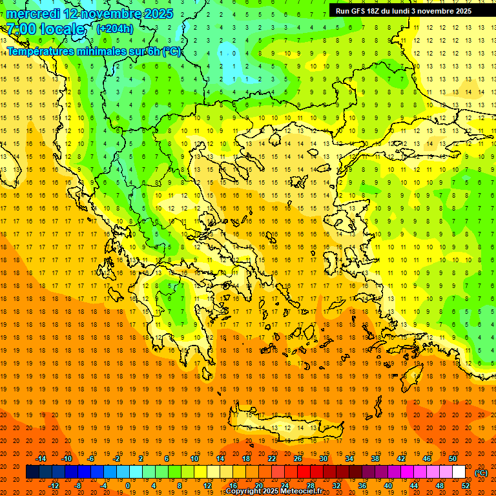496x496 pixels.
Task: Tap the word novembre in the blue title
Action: pos(104,14)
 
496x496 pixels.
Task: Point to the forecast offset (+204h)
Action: pos(114,28)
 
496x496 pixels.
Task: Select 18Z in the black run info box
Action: pos(377,11)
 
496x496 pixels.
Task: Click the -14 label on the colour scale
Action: pos(42,458)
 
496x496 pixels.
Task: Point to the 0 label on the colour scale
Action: pos(127,486)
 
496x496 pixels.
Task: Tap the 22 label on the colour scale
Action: pos(272,458)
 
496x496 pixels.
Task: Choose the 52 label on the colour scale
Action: pos(466,486)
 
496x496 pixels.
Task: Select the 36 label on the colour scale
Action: pos(362,486)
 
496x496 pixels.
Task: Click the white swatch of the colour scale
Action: pos(459,472)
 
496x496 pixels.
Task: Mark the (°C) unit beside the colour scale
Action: pos(481,473)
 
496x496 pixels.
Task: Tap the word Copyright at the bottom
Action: pos(245,491)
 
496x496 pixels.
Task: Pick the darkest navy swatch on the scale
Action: pos(32,472)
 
